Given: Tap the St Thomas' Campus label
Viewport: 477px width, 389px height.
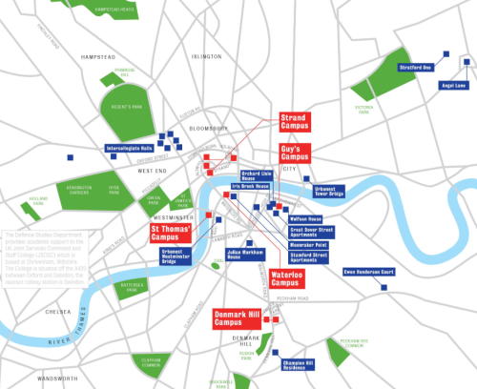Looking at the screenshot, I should point(171,233).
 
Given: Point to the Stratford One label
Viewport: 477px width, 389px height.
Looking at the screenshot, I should point(416,67).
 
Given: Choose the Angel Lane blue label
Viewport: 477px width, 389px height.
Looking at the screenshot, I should point(453,86).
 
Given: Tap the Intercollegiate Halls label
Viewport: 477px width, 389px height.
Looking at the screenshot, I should point(129,149).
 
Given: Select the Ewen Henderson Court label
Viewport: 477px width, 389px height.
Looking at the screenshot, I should point(369,272).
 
